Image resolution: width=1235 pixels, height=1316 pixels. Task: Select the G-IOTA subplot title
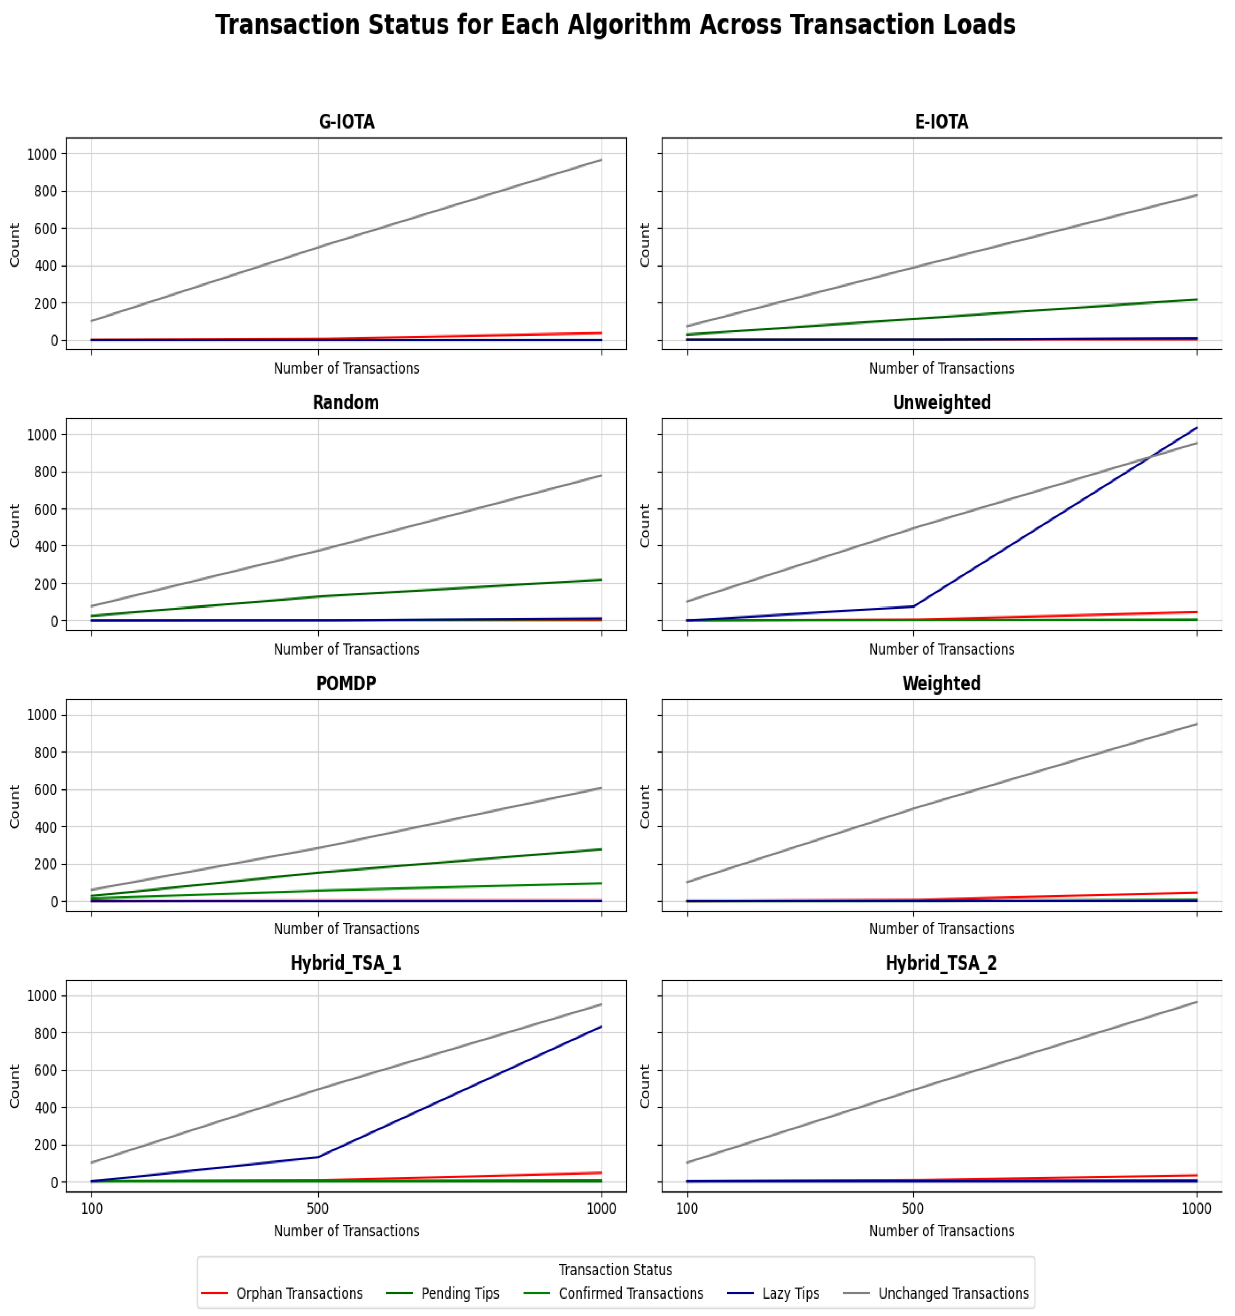[x=346, y=123]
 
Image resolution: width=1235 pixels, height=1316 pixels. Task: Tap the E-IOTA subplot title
[x=941, y=123]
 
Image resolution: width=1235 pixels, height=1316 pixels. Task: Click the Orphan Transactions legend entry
[x=299, y=1294]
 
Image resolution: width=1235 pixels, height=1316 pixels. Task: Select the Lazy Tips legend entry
[x=790, y=1294]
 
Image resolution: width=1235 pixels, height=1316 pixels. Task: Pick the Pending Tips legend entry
[x=460, y=1294]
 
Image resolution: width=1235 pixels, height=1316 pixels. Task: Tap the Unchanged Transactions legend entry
[x=953, y=1294]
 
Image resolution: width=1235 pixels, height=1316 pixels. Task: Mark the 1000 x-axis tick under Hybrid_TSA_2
[x=1196, y=1209]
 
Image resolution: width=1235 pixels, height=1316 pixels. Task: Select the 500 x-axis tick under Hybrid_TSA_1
[x=318, y=1209]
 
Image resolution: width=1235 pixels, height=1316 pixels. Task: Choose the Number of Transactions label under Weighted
[x=941, y=929]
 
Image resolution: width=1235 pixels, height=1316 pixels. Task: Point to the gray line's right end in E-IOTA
[x=1196, y=195]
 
